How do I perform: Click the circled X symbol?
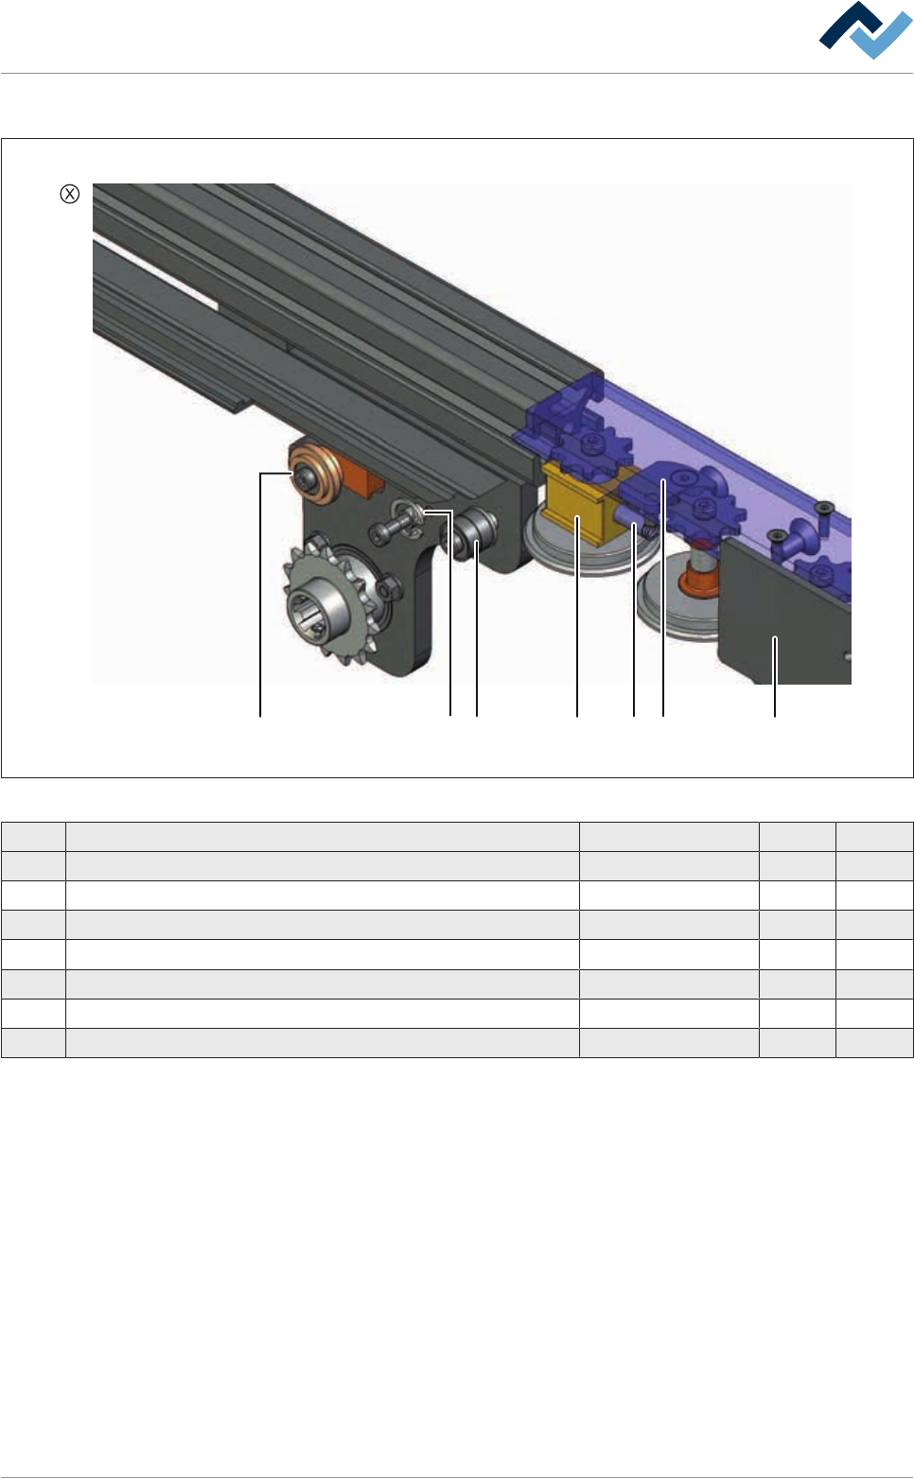[x=69, y=194]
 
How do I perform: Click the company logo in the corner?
[x=865, y=30]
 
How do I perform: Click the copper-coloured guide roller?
[x=314, y=474]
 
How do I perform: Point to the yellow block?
[x=578, y=501]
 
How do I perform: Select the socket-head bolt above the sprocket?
[x=395, y=526]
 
